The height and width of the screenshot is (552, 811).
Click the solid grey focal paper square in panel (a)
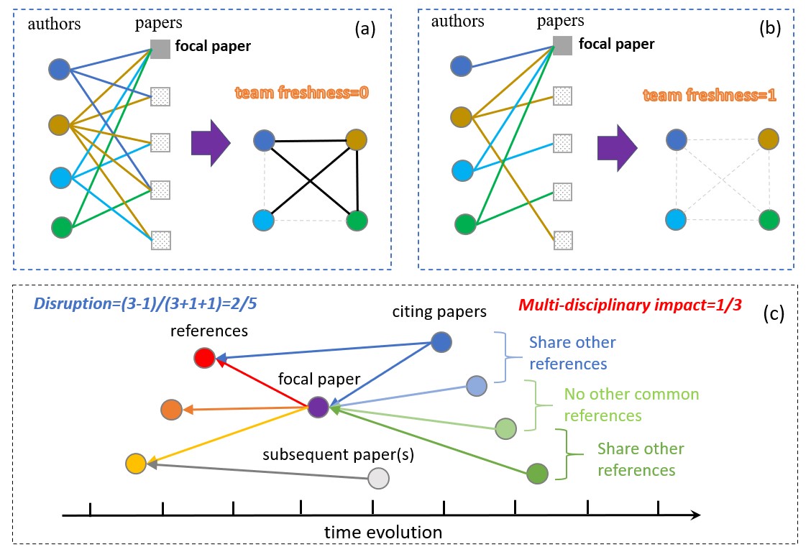coord(160,48)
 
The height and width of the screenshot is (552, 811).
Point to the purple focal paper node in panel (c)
coord(318,407)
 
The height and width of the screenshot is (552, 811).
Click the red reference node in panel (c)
coord(204,357)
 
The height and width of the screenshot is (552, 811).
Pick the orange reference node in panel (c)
coord(171,410)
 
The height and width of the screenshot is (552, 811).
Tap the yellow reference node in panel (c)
coord(135,464)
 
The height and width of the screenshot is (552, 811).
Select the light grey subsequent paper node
coord(378,478)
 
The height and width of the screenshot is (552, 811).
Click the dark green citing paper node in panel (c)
coord(538,474)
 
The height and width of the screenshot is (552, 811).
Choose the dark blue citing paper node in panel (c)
coord(441,342)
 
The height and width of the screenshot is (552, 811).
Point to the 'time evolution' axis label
coord(382,533)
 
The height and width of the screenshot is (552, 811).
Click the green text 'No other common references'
coord(631,405)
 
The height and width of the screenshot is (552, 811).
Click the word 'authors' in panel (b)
coord(457,23)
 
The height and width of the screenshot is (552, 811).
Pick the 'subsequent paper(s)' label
coord(318,455)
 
